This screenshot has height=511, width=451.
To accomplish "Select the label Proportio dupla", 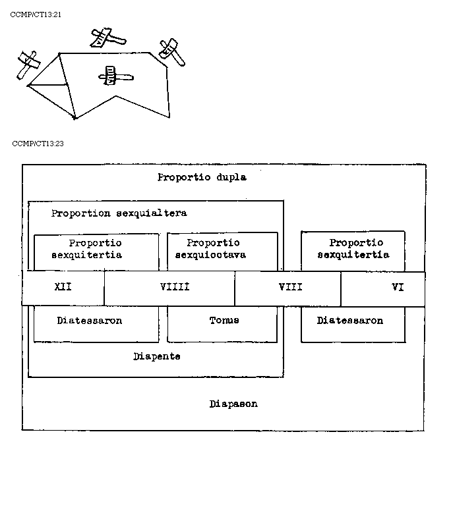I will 202,177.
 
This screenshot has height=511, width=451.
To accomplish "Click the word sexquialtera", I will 151,213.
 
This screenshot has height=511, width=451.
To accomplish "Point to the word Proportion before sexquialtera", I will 81,213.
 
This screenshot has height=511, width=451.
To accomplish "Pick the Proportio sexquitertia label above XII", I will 96,249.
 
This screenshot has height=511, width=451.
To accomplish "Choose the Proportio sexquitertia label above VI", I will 353,249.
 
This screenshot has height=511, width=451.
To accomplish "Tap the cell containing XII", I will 63,288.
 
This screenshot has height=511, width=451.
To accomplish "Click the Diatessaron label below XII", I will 90,321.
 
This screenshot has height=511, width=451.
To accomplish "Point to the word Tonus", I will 224,321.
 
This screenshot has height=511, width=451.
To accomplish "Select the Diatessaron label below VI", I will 350,321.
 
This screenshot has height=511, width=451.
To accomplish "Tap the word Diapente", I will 156,356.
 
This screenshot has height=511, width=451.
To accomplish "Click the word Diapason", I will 233,404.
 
